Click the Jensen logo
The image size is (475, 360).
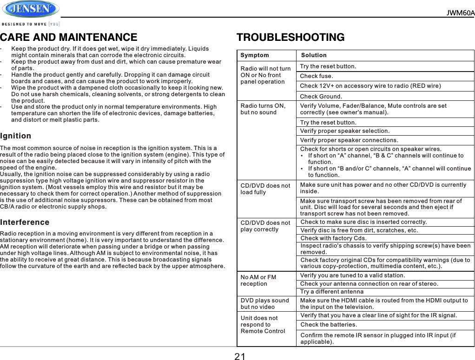tap(31, 9)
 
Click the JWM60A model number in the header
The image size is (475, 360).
tap(460, 13)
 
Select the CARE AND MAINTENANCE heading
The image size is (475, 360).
tap(69, 37)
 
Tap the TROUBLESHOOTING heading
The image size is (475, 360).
tap(290, 37)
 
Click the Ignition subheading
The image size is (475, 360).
tap(16, 136)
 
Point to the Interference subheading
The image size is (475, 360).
tap(25, 222)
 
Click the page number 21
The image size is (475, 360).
tap(240, 356)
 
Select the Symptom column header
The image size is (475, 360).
tap(255, 55)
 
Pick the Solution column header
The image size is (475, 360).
tap(314, 55)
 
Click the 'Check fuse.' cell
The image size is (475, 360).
tap(317, 76)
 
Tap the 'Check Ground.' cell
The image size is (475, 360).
tap(321, 97)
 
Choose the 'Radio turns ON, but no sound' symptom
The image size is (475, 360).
tap(263, 109)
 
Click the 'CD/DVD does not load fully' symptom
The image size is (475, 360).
tap(265, 189)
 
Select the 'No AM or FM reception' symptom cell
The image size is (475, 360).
tap(258, 280)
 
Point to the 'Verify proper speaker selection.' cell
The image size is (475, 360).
tap(345, 131)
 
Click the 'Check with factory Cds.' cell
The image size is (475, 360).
tap(333, 238)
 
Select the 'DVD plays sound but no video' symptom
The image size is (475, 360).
tap(265, 304)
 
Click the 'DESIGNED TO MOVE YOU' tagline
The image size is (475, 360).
tap(31, 24)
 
